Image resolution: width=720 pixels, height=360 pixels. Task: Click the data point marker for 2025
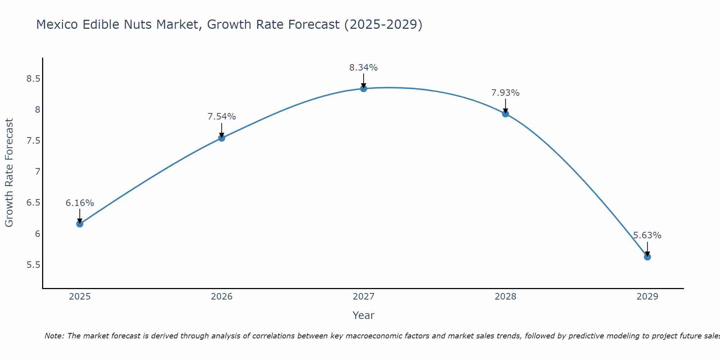pyautogui.click(x=80, y=224)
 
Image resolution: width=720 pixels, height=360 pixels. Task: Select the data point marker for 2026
pyautogui.click(x=222, y=138)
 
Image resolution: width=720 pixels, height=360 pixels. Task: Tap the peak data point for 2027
pyautogui.click(x=364, y=89)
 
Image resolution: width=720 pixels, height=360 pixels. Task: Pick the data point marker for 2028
pyautogui.click(x=505, y=114)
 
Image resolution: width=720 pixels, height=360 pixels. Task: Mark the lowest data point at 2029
pyautogui.click(x=647, y=257)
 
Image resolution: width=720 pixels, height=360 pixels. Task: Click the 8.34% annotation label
pyautogui.click(x=364, y=68)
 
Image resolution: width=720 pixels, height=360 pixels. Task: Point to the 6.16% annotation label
pyautogui.click(x=80, y=203)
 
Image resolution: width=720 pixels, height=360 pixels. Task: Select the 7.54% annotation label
pyautogui.click(x=222, y=117)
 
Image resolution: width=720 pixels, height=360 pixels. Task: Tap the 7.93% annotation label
pyautogui.click(x=505, y=93)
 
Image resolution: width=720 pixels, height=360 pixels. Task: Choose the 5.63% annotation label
pyautogui.click(x=647, y=235)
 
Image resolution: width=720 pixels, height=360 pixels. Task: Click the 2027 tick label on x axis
pyautogui.click(x=364, y=297)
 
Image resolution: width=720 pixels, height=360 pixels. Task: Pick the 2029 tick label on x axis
pyautogui.click(x=647, y=297)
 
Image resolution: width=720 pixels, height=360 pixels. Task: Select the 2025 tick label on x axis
pyautogui.click(x=80, y=297)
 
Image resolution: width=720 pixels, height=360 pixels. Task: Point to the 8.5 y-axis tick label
pyautogui.click(x=33, y=79)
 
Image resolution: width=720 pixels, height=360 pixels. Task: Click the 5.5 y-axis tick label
pyautogui.click(x=33, y=265)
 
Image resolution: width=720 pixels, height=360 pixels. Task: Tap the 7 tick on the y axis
pyautogui.click(x=37, y=172)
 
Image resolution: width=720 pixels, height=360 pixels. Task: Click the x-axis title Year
pyautogui.click(x=364, y=315)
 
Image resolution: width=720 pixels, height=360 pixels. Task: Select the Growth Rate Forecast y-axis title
pyautogui.click(x=9, y=173)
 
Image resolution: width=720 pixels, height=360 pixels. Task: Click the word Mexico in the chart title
pyautogui.click(x=57, y=24)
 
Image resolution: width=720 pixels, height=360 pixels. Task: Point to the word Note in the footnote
pyautogui.click(x=54, y=336)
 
